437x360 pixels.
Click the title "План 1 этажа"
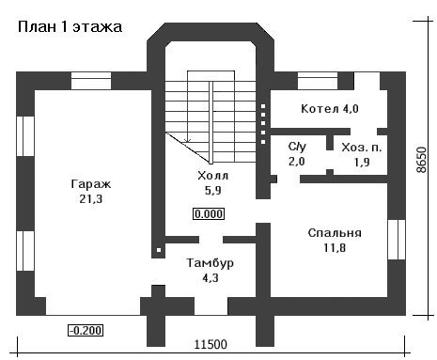tap(70, 27)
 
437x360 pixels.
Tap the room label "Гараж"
tap(91, 184)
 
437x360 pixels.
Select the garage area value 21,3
tap(91, 199)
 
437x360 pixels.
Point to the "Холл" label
tap(213, 176)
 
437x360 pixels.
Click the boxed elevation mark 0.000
tap(209, 214)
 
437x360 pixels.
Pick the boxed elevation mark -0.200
tap(86, 331)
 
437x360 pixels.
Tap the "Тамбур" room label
tap(211, 263)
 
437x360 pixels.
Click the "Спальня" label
tap(335, 233)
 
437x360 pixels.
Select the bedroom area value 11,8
tap(335, 248)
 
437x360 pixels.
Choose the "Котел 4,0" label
tap(330, 109)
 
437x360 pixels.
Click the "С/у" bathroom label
tap(297, 147)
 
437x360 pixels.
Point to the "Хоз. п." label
tap(362, 148)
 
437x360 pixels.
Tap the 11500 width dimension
tap(211, 345)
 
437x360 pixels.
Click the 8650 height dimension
tap(422, 160)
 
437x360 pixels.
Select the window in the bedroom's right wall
tap(397, 240)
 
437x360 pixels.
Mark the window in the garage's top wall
tap(91, 81)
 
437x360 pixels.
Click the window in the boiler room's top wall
tap(318, 81)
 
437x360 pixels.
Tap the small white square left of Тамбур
tap(159, 250)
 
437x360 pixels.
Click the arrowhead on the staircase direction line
tap(188, 140)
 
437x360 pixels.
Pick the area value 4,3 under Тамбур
tap(211, 278)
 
